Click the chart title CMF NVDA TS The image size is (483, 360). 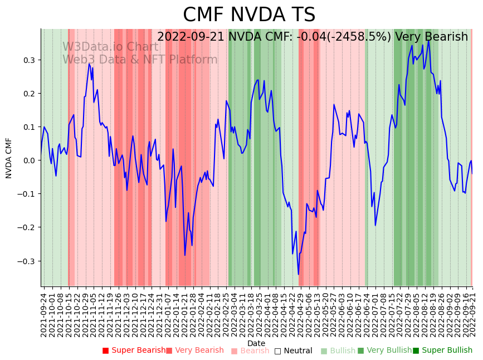249,15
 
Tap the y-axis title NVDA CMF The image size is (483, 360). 9,158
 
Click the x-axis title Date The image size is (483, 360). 256,343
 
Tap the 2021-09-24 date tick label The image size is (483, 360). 44,313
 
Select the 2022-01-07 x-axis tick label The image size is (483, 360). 167,313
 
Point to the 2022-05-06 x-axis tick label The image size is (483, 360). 305,313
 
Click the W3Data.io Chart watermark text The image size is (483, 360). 110,47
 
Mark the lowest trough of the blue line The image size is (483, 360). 299,274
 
